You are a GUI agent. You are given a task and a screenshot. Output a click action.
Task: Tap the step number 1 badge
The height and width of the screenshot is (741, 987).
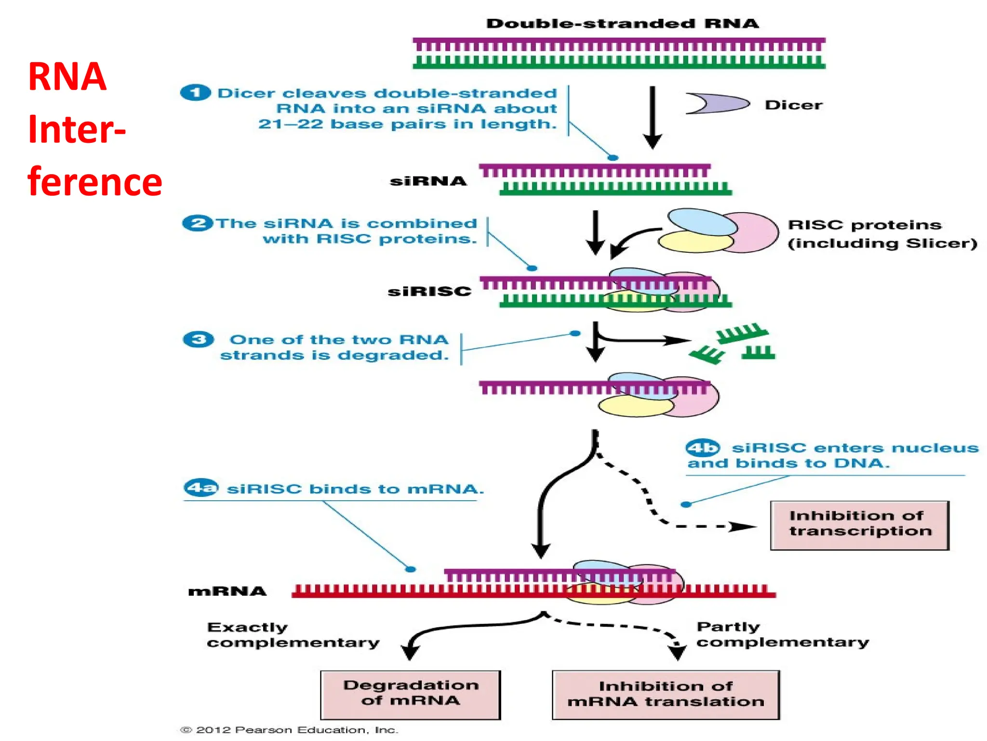pos(195,93)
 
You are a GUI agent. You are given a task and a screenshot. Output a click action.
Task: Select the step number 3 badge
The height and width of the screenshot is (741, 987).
pos(198,340)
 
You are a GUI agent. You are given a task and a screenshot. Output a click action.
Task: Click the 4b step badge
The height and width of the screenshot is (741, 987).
pos(703,448)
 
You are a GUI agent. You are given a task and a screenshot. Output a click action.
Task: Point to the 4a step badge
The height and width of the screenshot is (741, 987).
pos(201,488)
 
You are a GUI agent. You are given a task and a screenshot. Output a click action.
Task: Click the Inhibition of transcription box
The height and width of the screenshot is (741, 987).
pos(859,525)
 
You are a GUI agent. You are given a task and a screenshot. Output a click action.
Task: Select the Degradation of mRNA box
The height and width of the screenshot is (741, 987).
pos(411,694)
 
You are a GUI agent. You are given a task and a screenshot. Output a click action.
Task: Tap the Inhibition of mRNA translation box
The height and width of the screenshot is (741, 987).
pos(666,694)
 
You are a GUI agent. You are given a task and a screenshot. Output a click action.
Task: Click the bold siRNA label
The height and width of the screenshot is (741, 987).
pos(428,181)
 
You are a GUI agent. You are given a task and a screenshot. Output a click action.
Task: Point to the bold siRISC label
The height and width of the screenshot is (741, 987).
pos(429,291)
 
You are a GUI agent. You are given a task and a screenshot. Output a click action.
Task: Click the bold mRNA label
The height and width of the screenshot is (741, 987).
pos(227,591)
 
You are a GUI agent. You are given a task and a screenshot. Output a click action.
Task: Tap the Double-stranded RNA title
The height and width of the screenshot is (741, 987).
pos(622,24)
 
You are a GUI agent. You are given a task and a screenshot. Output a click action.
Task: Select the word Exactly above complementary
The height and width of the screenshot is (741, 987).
pos(247,627)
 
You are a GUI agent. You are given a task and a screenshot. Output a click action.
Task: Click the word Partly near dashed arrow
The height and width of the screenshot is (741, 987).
pos(728,627)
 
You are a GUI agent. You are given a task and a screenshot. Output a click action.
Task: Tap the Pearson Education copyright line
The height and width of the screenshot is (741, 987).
pos(289,730)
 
